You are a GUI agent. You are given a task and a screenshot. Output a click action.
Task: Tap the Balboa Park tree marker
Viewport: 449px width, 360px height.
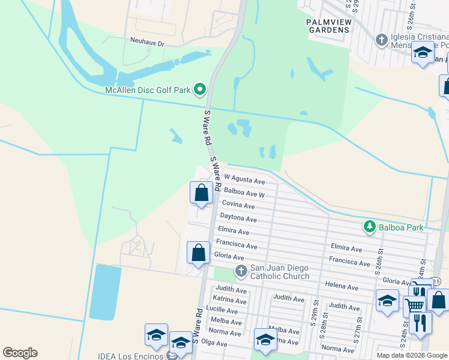pyautogui.click(x=370, y=227)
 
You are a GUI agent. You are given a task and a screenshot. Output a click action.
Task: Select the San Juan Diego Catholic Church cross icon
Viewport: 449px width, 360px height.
pyautogui.click(x=241, y=271)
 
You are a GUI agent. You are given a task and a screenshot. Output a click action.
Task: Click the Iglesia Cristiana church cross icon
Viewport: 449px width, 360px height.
pyautogui.click(x=381, y=40)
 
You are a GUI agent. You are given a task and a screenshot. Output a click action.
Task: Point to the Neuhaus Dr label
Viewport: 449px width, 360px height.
pyautogui.click(x=147, y=41)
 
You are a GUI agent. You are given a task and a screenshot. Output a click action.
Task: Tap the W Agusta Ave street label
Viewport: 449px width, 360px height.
pyautogui.click(x=244, y=179)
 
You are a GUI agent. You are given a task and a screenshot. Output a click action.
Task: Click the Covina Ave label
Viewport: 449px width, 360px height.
pyautogui.click(x=239, y=205)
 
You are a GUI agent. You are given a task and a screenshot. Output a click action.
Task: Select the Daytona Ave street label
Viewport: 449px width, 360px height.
pyautogui.click(x=238, y=218)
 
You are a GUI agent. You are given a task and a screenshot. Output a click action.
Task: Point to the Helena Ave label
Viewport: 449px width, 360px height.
pyautogui.click(x=342, y=286)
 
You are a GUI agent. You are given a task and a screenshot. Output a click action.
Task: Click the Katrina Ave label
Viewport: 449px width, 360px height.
pyautogui.click(x=231, y=299)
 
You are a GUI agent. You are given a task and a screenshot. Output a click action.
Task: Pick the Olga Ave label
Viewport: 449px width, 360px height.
pyautogui.click(x=214, y=343)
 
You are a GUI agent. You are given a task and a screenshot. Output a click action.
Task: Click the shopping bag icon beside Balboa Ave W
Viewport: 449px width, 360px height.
pyautogui.click(x=201, y=193)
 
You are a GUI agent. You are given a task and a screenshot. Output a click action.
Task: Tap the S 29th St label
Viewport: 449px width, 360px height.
pyautogui.click(x=314, y=311)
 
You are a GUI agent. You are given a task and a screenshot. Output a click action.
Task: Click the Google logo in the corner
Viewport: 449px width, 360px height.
pyautogui.click(x=20, y=353)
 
